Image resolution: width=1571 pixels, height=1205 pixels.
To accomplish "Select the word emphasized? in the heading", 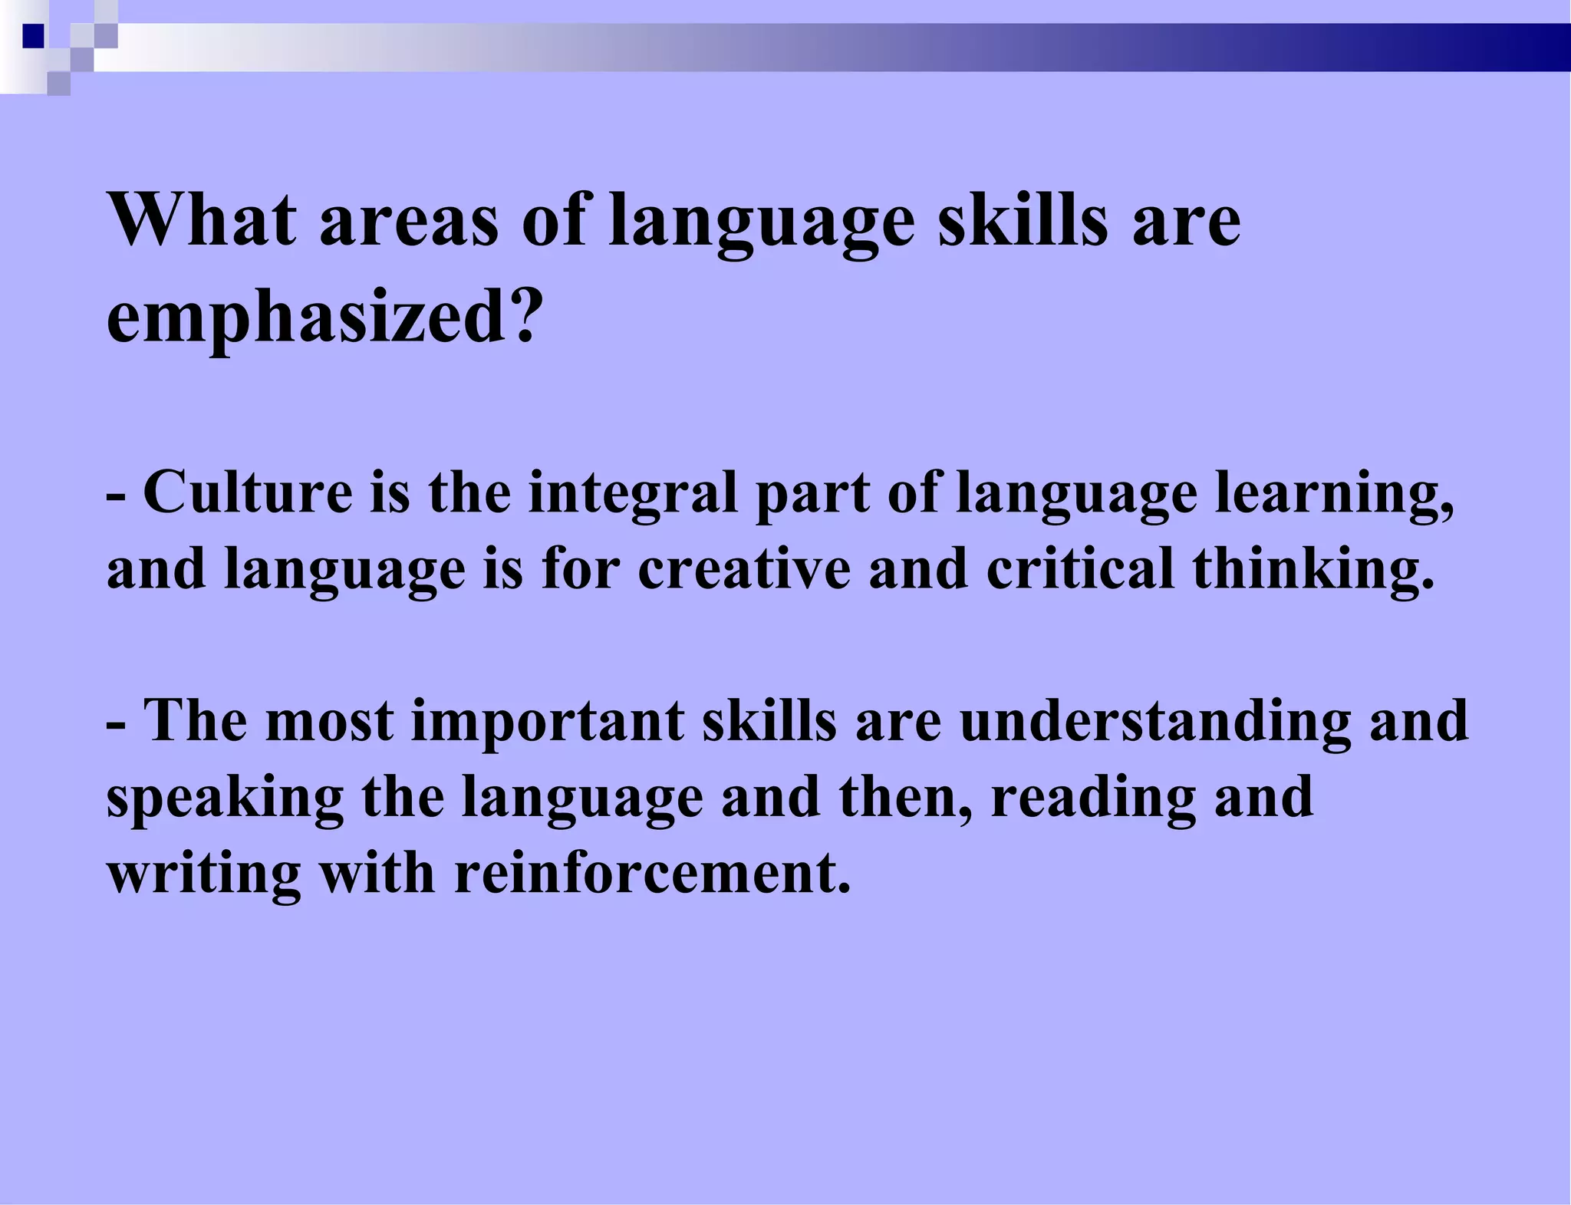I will click(324, 317).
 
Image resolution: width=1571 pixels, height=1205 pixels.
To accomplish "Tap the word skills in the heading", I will click(1023, 220).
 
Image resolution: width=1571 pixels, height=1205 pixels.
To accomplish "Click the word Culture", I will click(248, 492).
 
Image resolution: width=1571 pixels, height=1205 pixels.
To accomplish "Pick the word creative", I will click(744, 569).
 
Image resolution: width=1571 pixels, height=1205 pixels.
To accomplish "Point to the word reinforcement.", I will click(653, 874).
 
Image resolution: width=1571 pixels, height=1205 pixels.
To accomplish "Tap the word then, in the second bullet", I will click(906, 798).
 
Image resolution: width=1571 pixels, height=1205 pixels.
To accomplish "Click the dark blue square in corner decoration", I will click(34, 36).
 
